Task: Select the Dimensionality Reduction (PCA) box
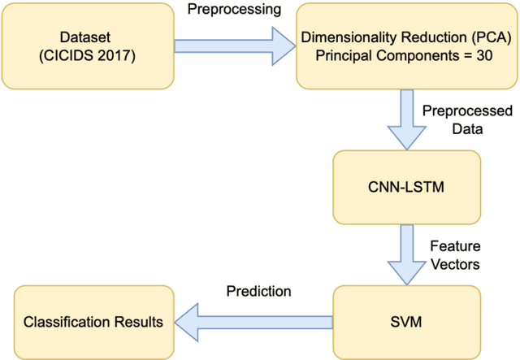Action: [406, 46]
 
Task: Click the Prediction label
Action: [258, 290]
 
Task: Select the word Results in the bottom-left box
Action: [139, 322]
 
